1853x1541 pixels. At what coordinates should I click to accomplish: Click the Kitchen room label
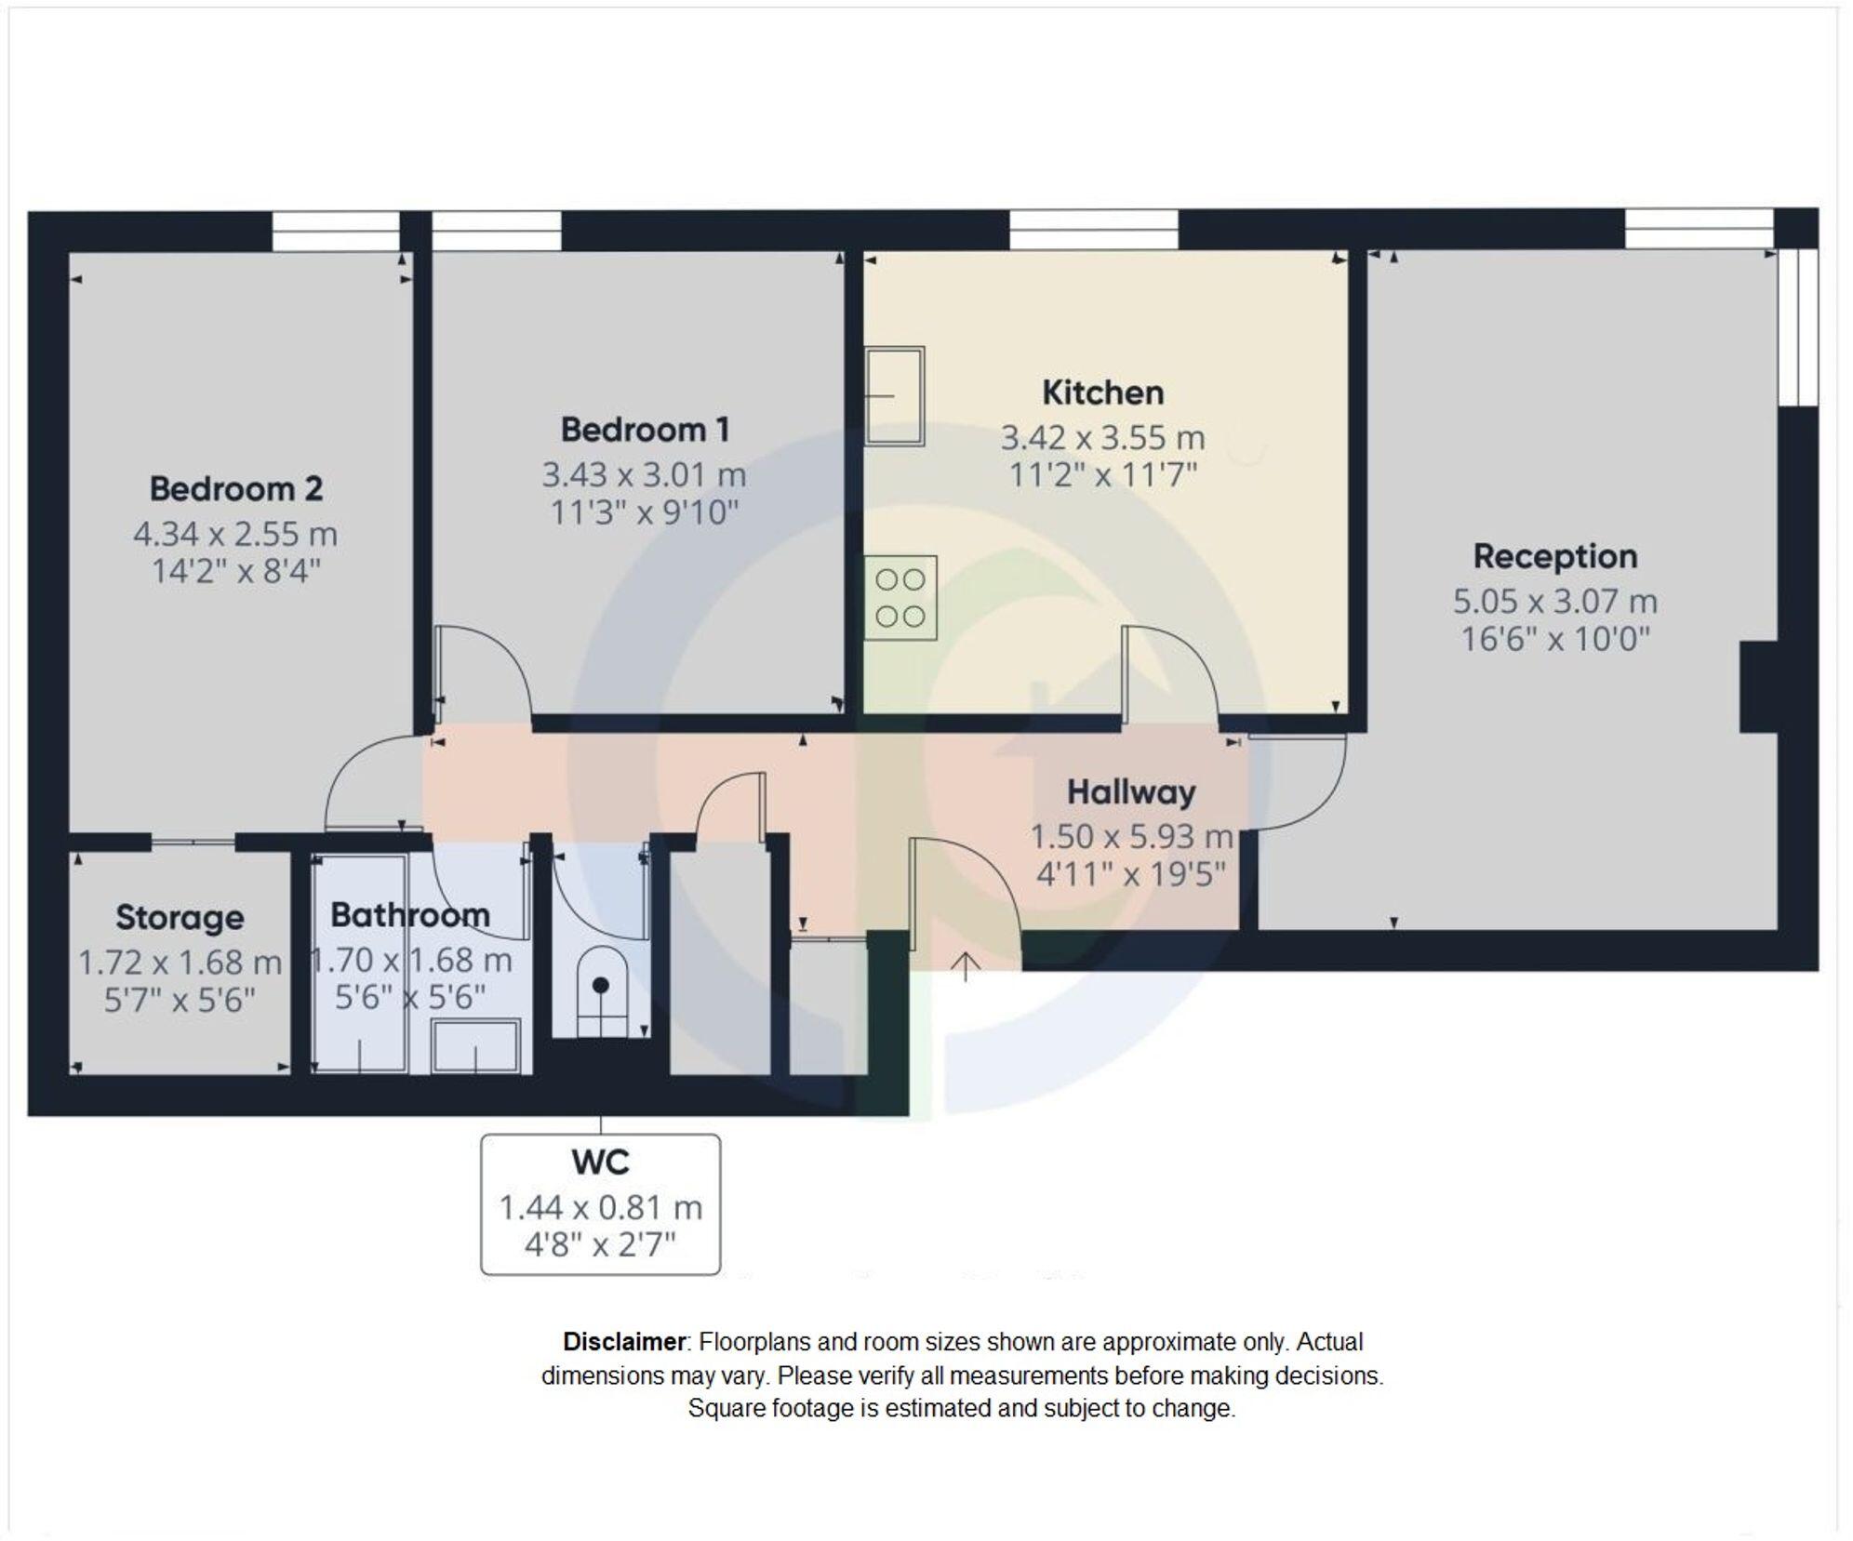coord(1102,392)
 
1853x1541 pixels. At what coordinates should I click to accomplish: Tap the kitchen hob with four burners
coord(900,598)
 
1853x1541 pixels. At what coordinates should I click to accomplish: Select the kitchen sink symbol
coord(894,396)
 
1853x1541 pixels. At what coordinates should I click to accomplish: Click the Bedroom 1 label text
coord(645,430)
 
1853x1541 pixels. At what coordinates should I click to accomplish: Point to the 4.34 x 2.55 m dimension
coord(235,534)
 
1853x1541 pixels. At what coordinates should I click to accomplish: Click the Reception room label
coord(1554,556)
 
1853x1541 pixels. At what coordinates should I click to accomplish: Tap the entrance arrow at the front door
coord(966,966)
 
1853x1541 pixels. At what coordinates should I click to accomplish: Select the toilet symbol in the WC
coord(601,990)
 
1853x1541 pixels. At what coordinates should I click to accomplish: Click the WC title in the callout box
coord(600,1162)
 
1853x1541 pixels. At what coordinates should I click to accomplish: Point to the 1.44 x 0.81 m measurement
coord(600,1207)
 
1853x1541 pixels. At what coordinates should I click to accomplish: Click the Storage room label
coord(180,917)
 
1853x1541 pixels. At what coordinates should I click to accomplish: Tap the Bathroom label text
coord(410,915)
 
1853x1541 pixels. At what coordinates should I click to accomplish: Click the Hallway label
coord(1131,792)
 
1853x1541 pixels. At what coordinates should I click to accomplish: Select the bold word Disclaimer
coord(623,1342)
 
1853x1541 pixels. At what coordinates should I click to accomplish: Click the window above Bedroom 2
coord(336,231)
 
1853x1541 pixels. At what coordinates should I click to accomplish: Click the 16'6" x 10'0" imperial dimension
coord(1554,640)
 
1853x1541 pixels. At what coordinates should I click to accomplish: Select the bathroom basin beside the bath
coord(475,1046)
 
